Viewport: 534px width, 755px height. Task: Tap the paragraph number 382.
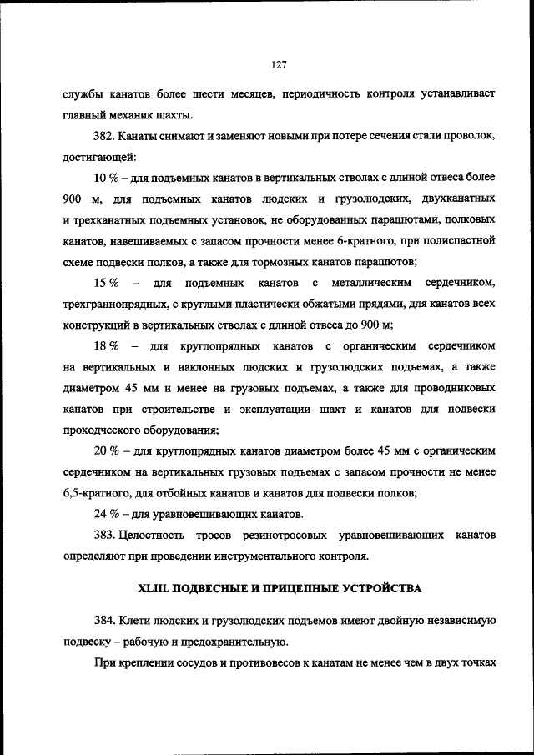pyautogui.click(x=108, y=134)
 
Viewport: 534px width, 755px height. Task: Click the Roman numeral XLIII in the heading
pyautogui.click(x=155, y=588)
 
